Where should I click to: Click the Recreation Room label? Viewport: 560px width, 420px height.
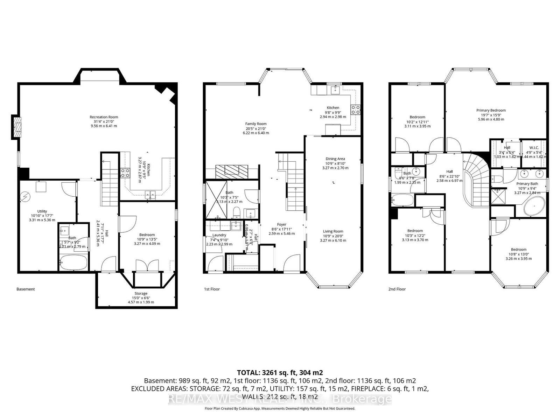tap(104, 117)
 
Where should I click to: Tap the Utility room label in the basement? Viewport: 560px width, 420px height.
tap(42, 211)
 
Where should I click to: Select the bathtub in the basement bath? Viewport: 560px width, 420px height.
tap(73, 262)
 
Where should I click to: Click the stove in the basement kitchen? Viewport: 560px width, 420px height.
tap(125, 173)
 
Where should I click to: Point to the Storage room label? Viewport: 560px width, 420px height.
tap(141, 294)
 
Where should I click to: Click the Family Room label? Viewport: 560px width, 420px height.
tap(255, 124)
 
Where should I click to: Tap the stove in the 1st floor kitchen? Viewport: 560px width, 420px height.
tap(356, 110)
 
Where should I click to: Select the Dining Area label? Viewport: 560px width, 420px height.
tap(335, 159)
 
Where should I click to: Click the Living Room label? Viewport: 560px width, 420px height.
tap(333, 231)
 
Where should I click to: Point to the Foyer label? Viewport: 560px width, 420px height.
tap(281, 225)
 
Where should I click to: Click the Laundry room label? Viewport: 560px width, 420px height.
tap(219, 235)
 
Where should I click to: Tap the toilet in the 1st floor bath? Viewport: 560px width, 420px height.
tap(237, 212)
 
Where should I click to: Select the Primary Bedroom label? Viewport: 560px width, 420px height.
tap(491, 111)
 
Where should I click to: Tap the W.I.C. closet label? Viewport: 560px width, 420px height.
tap(534, 148)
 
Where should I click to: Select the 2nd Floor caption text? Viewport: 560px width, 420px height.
tap(397, 289)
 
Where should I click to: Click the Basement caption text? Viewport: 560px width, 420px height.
tap(26, 289)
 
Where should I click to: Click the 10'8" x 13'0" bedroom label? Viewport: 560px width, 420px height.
tap(518, 250)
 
